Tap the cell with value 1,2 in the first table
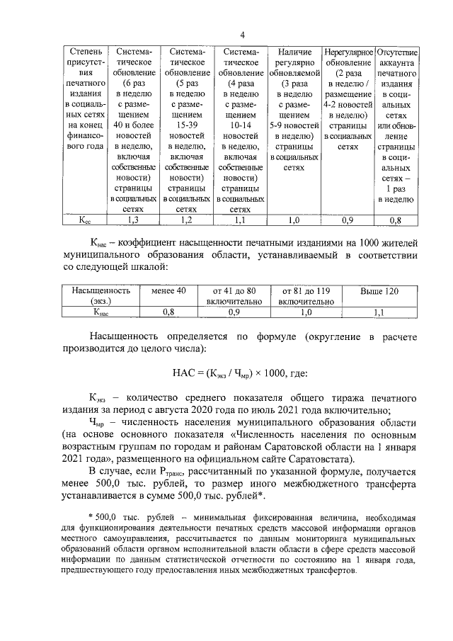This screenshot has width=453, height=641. tap(186, 220)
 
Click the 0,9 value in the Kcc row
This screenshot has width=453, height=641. tap(348, 220)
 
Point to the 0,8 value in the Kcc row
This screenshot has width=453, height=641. tap(396, 220)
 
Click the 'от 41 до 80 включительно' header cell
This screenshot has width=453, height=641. tap(234, 295)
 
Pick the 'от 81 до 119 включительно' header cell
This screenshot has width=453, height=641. tap(305, 295)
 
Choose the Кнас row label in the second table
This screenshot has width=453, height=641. tap(101, 311)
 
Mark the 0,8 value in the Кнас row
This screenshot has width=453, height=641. tap(168, 311)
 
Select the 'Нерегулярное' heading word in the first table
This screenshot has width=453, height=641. tap(348, 52)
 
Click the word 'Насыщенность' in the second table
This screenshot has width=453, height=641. tap(101, 290)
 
